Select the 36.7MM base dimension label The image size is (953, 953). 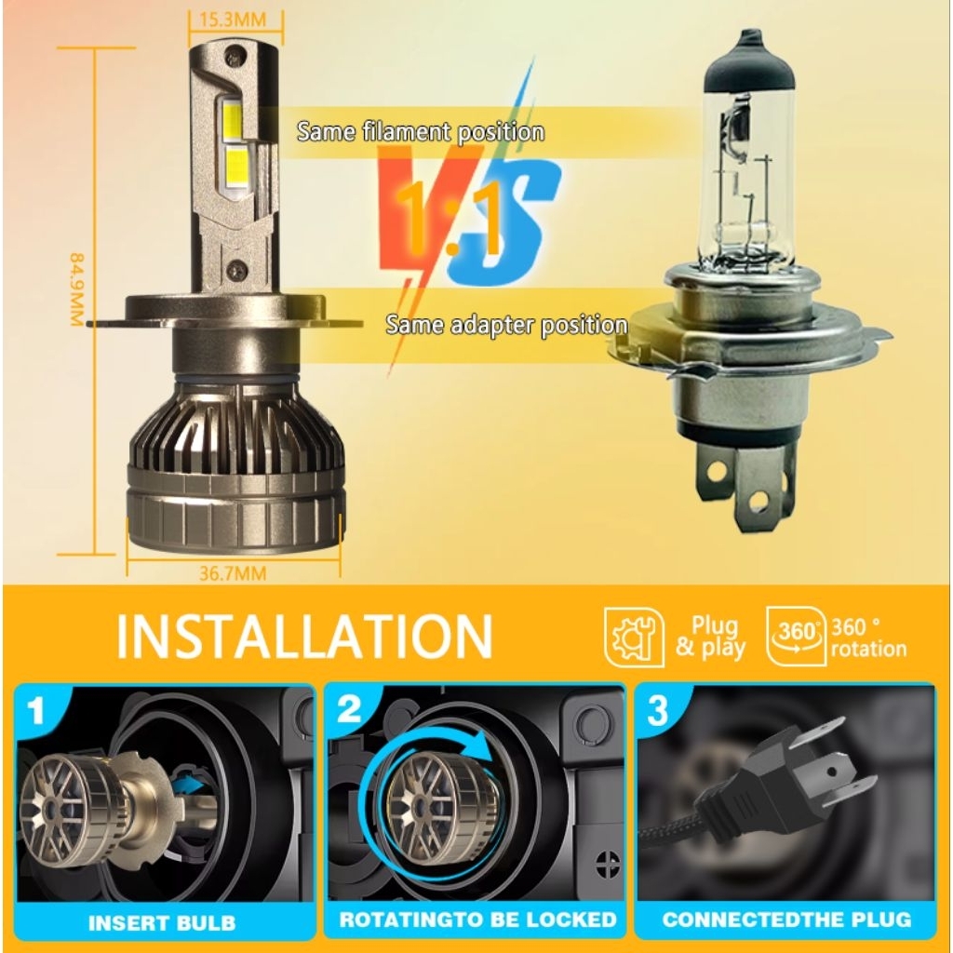coord(233,573)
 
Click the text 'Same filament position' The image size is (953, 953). coord(421,131)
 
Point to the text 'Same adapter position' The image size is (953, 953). coord(506,325)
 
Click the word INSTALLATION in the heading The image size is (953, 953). coord(304,636)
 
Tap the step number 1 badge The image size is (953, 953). coord(36,712)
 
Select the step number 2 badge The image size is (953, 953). coord(348,710)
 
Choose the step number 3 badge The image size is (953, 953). coord(657,711)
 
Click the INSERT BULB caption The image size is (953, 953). coord(162,923)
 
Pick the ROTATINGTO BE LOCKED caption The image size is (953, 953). coord(477,920)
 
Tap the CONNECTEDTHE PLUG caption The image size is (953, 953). coord(786,920)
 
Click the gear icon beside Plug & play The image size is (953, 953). coord(634,637)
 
